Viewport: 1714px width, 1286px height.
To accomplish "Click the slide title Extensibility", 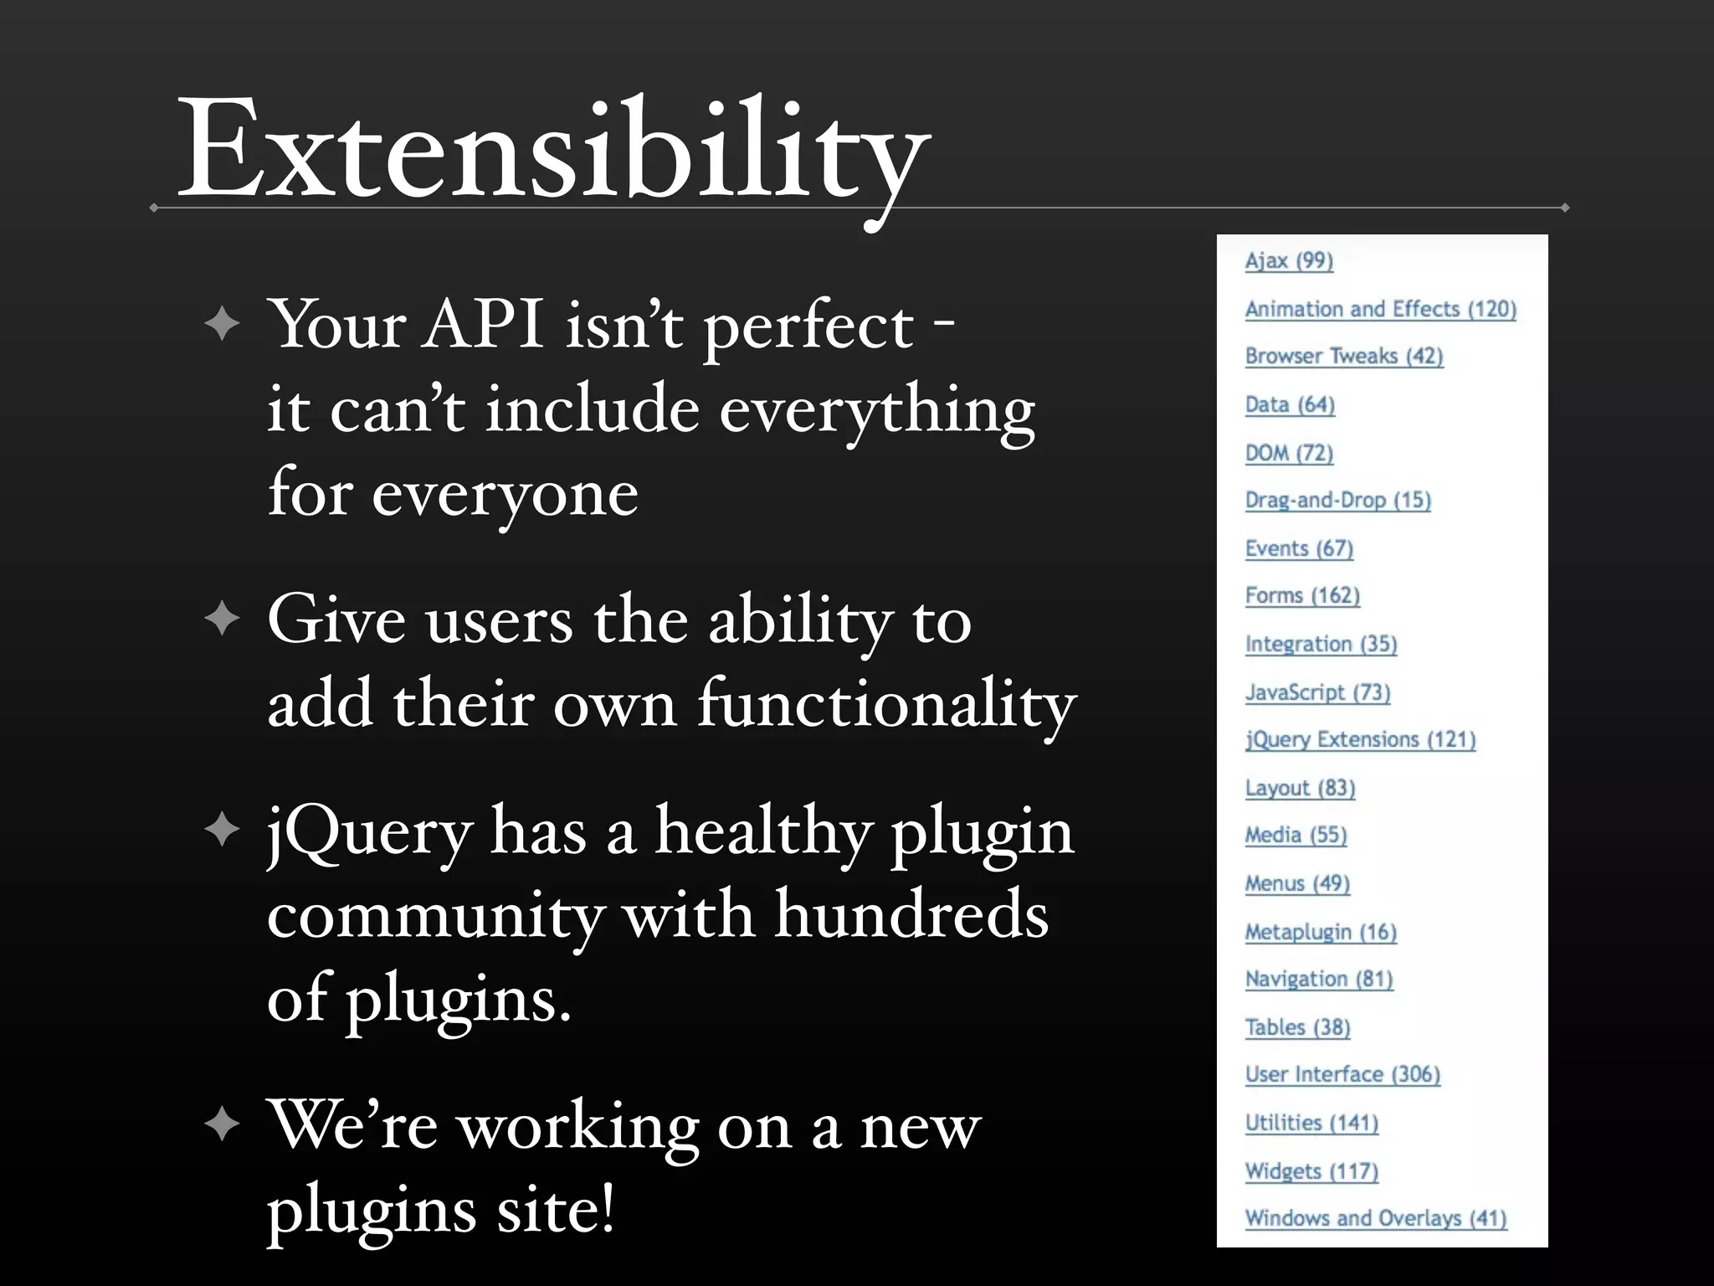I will click(x=552, y=151).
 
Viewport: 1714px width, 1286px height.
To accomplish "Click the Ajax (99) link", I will click(x=1289, y=261).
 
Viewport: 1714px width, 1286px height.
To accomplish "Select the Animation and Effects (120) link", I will click(x=1380, y=309).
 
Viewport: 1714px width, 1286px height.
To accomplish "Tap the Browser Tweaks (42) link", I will click(x=1344, y=357).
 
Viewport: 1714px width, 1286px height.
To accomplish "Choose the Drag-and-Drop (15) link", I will click(x=1337, y=501).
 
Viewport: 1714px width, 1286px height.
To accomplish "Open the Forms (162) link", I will click(x=1302, y=596).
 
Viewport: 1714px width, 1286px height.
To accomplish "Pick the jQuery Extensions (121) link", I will click(x=1360, y=740).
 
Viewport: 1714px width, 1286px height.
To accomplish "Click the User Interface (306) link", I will click(x=1342, y=1075).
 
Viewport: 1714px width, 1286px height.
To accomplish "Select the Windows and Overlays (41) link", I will click(x=1376, y=1218).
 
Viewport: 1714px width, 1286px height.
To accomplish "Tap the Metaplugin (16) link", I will click(x=1321, y=932).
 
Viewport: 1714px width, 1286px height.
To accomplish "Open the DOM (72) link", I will click(x=1289, y=453).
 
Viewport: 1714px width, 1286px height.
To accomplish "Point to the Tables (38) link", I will click(x=1297, y=1027).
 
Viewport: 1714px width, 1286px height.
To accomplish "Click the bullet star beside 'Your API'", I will click(x=222, y=324).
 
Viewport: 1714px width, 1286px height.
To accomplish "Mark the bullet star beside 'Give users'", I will click(x=222, y=619).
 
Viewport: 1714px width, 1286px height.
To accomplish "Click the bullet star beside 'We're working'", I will click(x=222, y=1124).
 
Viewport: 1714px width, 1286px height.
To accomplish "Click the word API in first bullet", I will click(x=485, y=324).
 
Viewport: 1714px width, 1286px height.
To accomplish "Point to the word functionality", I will click(x=886, y=703).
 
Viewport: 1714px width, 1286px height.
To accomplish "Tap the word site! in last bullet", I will click(x=556, y=1210).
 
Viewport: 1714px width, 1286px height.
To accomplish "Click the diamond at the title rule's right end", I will click(x=1564, y=208).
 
